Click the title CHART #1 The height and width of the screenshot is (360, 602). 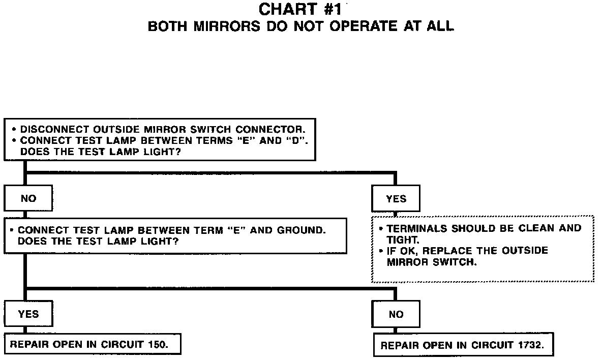pyautogui.click(x=302, y=10)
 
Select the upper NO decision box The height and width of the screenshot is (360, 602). pyautogui.click(x=28, y=198)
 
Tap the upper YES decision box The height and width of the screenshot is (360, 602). pyautogui.click(x=396, y=199)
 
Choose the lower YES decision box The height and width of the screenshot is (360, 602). pyautogui.click(x=28, y=314)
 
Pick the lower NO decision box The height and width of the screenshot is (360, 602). pyautogui.click(x=396, y=314)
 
